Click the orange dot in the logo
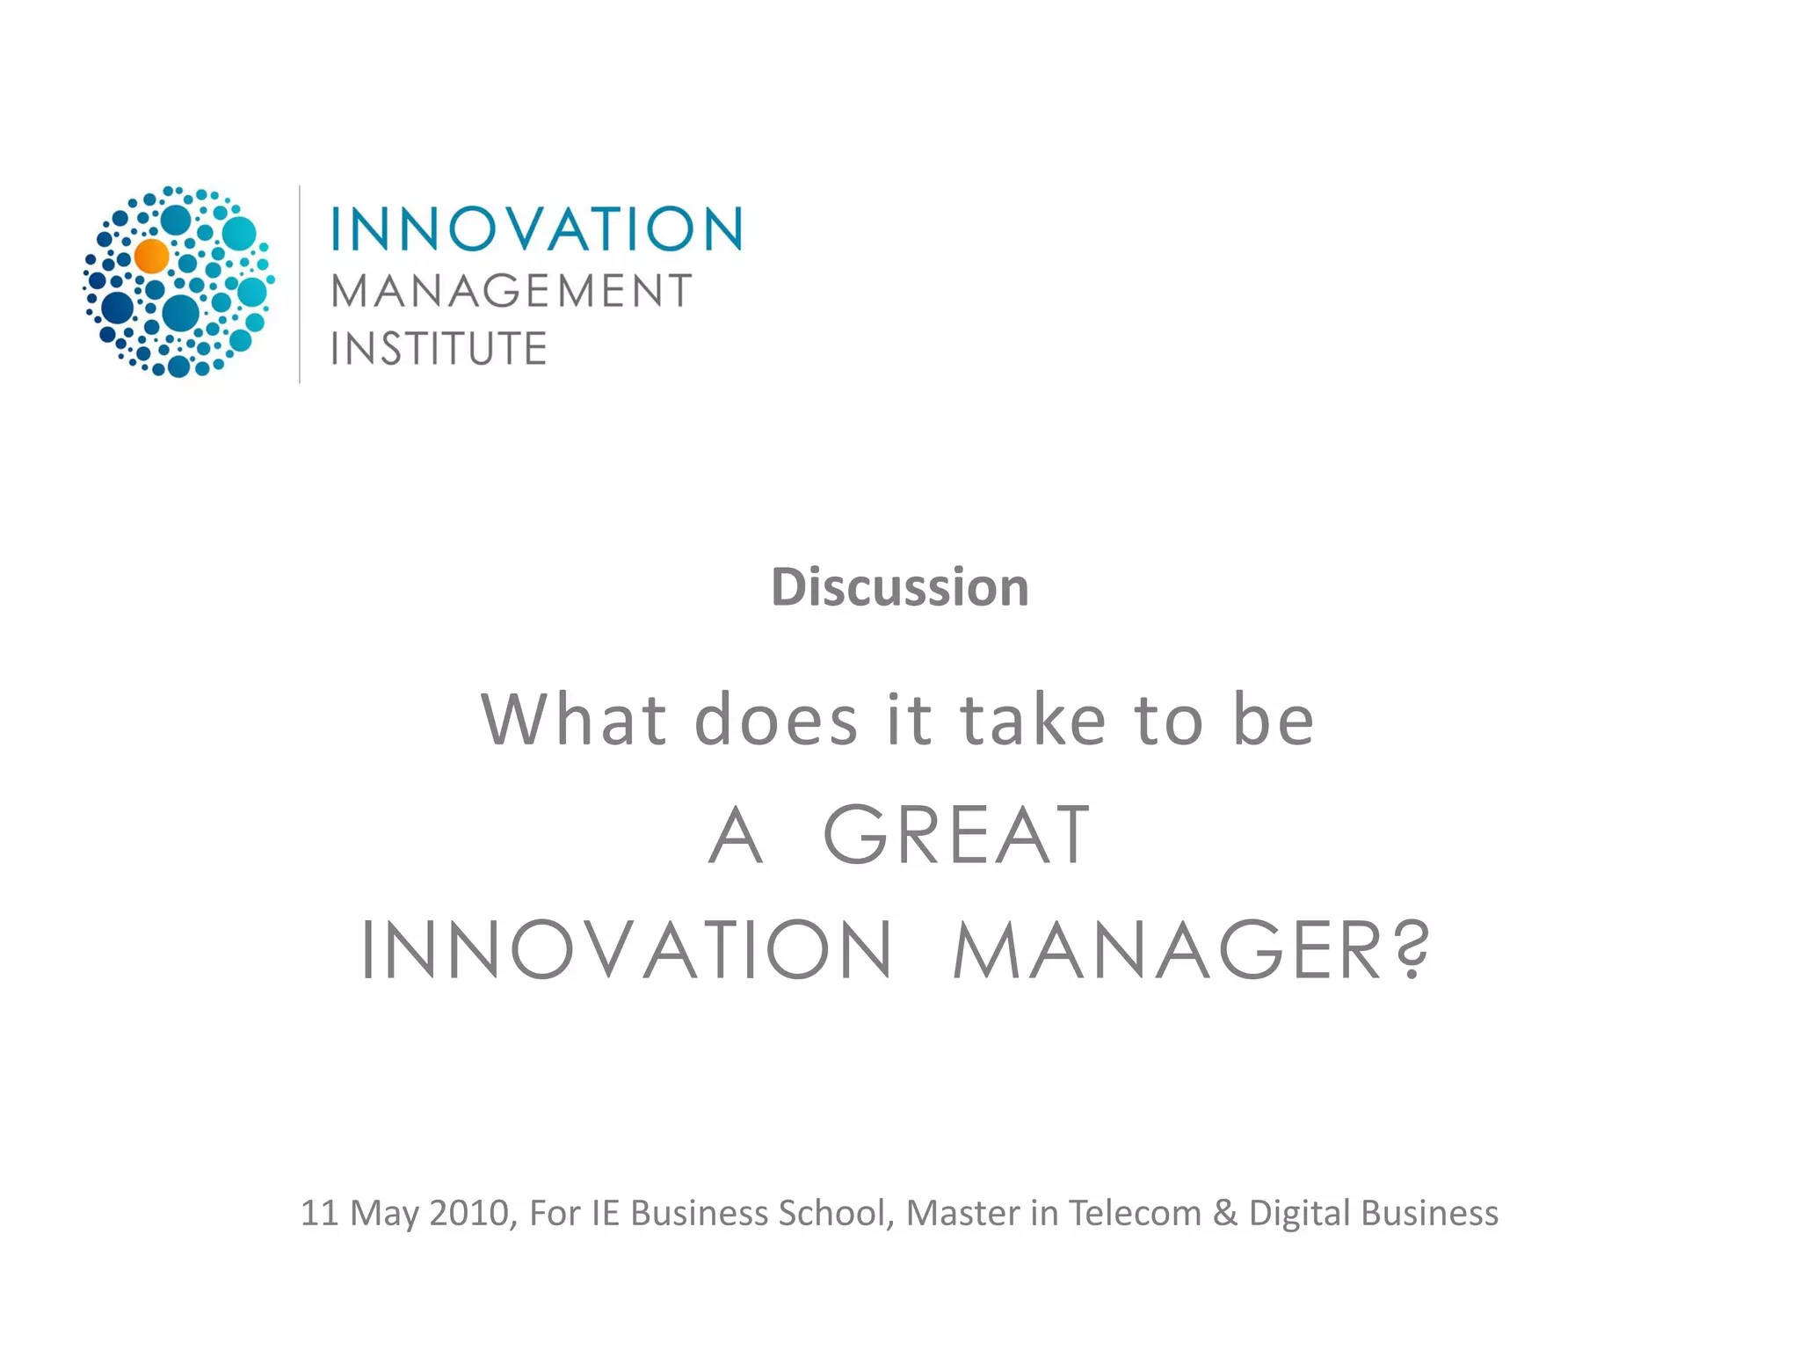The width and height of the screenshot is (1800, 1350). coord(152,256)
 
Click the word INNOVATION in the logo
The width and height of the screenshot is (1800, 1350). coord(536,229)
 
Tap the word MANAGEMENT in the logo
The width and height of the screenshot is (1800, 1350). coord(512,292)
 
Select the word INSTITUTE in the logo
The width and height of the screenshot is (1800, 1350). coord(439,349)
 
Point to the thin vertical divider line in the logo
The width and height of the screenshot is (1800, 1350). coord(300,284)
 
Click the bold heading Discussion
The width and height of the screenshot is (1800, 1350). coord(900,587)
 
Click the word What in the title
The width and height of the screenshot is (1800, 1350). coord(573,720)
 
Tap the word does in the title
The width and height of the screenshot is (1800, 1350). coord(776,720)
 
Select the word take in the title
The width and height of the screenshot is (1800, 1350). coord(1033,720)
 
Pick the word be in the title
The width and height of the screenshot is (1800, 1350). coord(1274,720)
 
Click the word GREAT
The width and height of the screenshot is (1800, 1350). coord(957,835)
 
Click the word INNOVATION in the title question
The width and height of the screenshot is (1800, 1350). coord(628,950)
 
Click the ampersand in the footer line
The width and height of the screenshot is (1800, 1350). coord(1225,1213)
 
